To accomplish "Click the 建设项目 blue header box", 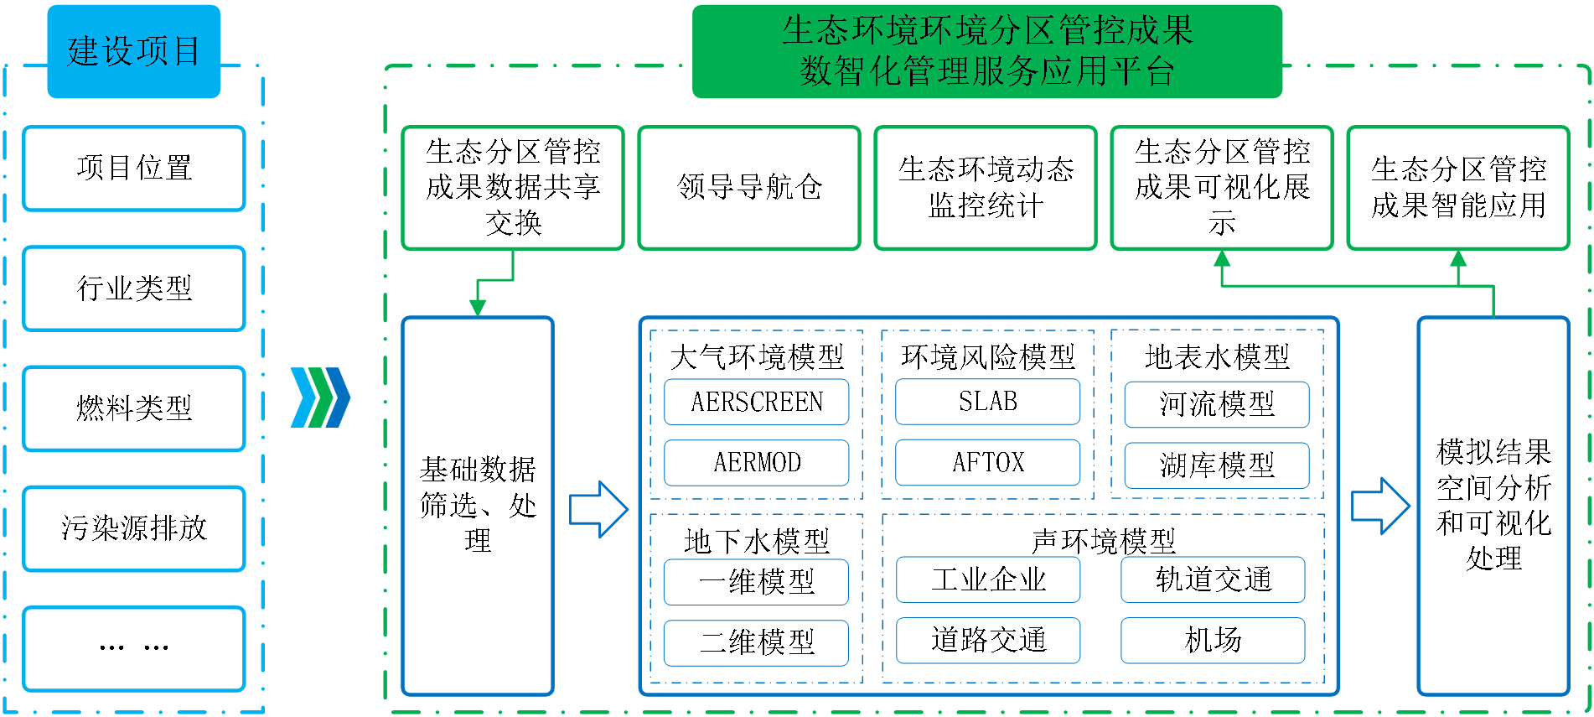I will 133,51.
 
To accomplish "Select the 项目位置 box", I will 134,169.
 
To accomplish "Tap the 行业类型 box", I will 134,288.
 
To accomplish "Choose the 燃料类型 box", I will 134,408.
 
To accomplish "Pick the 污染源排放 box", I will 134,528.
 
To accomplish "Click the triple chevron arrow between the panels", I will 320,397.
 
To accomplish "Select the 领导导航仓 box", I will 749,188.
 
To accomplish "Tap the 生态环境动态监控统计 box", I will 986,188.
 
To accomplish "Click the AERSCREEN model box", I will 757,402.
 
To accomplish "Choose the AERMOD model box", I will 757,463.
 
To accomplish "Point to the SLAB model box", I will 987,402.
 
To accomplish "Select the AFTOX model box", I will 987,462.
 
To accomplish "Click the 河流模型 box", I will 1217,404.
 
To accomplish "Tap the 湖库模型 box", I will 1217,465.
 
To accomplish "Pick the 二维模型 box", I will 757,643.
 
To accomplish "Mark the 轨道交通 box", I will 1213,579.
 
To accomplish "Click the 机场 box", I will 1213,641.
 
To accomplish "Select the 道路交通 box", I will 988,641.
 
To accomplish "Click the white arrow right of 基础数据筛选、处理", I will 598,509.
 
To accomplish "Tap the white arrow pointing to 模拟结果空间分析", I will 1379,506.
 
